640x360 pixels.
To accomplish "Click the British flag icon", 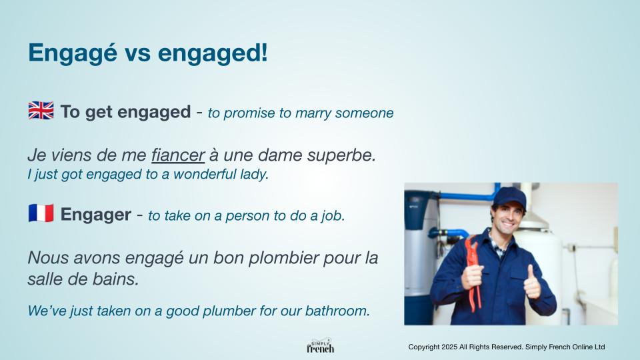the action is click(41, 111).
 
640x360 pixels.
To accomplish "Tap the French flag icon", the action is click(41, 213).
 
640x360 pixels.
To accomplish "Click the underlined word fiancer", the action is click(178, 155).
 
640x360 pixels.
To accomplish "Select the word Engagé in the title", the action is click(73, 53).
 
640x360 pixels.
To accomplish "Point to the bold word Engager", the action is click(96, 215).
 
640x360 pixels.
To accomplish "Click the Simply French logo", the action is click(321, 346).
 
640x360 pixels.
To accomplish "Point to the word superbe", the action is click(341, 155).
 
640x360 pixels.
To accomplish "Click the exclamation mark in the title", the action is click(264, 52).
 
